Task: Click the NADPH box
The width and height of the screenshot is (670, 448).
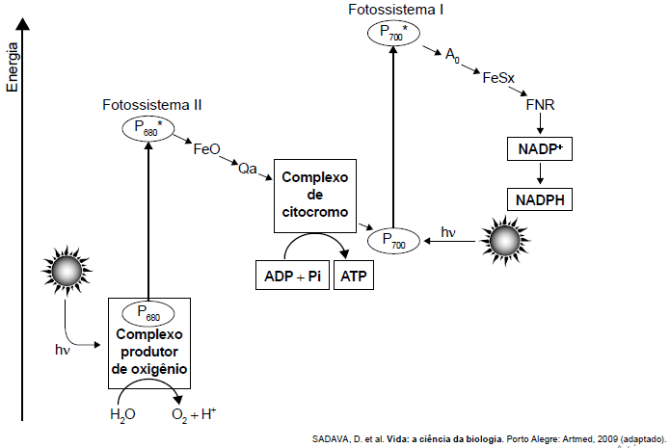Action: coord(541,200)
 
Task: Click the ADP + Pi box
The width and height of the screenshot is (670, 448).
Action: coord(292,277)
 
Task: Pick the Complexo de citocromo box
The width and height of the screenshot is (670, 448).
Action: coord(315,196)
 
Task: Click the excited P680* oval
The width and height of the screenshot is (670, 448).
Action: coord(147,126)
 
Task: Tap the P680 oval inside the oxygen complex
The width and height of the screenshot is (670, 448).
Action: coord(148,313)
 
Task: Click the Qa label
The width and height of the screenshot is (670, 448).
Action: coord(248,170)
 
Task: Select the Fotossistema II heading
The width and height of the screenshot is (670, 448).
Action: coord(152,103)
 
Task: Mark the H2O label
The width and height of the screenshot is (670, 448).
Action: coord(123,416)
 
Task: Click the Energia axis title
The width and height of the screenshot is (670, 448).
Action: coord(13,67)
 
